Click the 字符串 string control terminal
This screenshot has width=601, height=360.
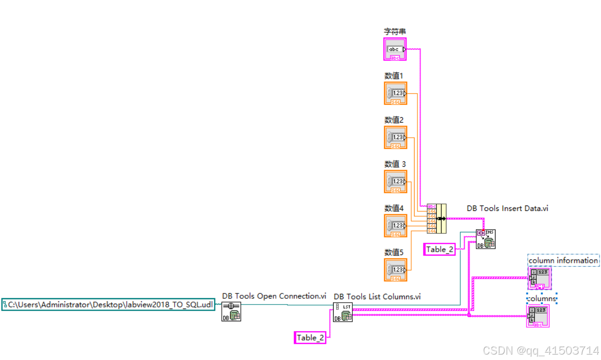(394, 50)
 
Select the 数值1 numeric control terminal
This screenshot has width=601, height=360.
(395, 93)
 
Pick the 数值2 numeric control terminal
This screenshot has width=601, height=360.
(395, 137)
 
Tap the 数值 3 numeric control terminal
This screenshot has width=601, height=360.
(395, 181)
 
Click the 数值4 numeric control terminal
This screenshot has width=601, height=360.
(395, 226)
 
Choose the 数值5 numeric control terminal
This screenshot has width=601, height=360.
(395, 270)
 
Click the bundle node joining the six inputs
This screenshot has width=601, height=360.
(437, 218)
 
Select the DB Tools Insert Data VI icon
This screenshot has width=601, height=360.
(485, 239)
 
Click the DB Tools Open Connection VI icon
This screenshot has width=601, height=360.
(231, 311)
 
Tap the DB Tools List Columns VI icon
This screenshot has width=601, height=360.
(343, 312)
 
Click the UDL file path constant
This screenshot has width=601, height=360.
(108, 305)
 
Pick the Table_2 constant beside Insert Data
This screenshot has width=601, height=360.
(439, 249)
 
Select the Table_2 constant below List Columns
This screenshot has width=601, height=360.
(310, 337)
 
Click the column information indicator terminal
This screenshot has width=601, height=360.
(540, 278)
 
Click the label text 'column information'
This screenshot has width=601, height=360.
(563, 260)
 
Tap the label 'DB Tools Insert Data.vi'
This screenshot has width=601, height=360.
(507, 208)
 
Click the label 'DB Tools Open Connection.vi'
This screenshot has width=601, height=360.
(274, 296)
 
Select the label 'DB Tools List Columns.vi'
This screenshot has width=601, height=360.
(377, 296)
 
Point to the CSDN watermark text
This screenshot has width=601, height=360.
(541, 350)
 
